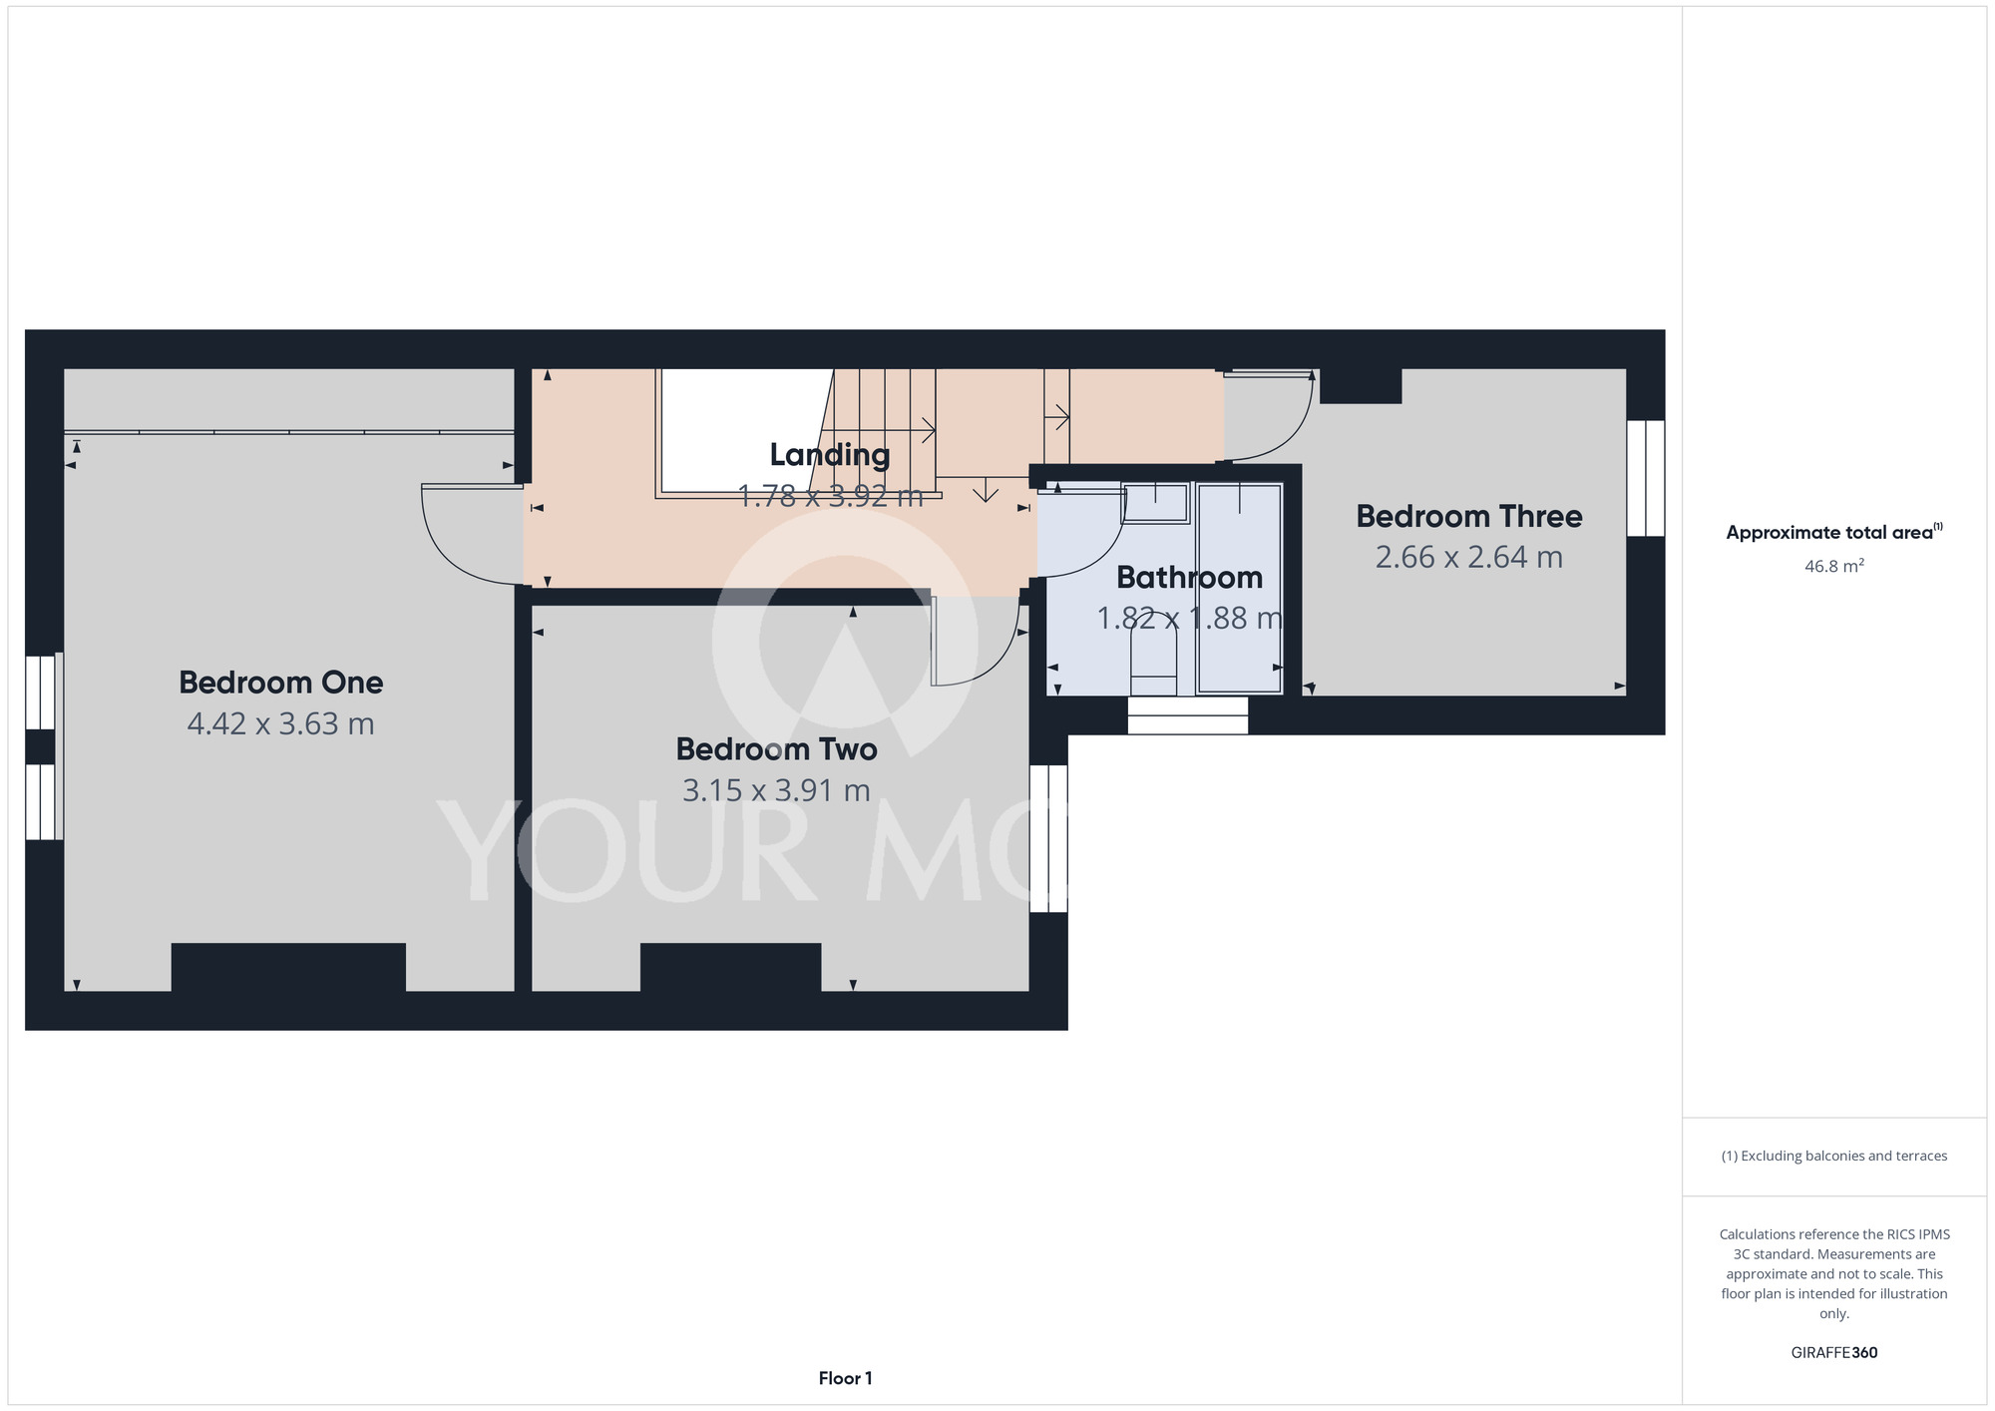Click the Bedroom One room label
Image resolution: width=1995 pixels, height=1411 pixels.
click(x=280, y=683)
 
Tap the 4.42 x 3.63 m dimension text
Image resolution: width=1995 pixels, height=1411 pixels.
click(x=280, y=723)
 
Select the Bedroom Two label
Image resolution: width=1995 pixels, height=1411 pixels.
click(x=776, y=749)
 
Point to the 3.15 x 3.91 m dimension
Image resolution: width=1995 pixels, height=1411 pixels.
click(x=776, y=790)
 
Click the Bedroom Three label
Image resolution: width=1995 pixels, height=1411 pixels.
click(x=1468, y=516)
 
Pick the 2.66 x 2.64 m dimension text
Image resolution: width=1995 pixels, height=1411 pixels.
click(x=1468, y=557)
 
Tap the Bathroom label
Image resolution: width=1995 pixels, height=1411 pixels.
click(x=1189, y=577)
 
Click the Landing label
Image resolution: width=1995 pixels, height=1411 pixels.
click(x=829, y=455)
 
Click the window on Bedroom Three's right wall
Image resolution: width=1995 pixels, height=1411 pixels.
click(x=1646, y=478)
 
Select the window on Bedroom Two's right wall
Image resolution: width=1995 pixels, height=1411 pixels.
click(x=1048, y=838)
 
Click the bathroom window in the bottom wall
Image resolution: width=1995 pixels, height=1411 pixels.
click(x=1187, y=715)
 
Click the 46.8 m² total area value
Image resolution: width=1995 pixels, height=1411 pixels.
click(x=1833, y=566)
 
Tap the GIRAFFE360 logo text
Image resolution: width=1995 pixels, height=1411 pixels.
click(x=1833, y=1353)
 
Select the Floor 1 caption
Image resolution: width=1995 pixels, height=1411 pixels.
click(x=845, y=1378)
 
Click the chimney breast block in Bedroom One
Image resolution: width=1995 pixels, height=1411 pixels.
click(x=288, y=967)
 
